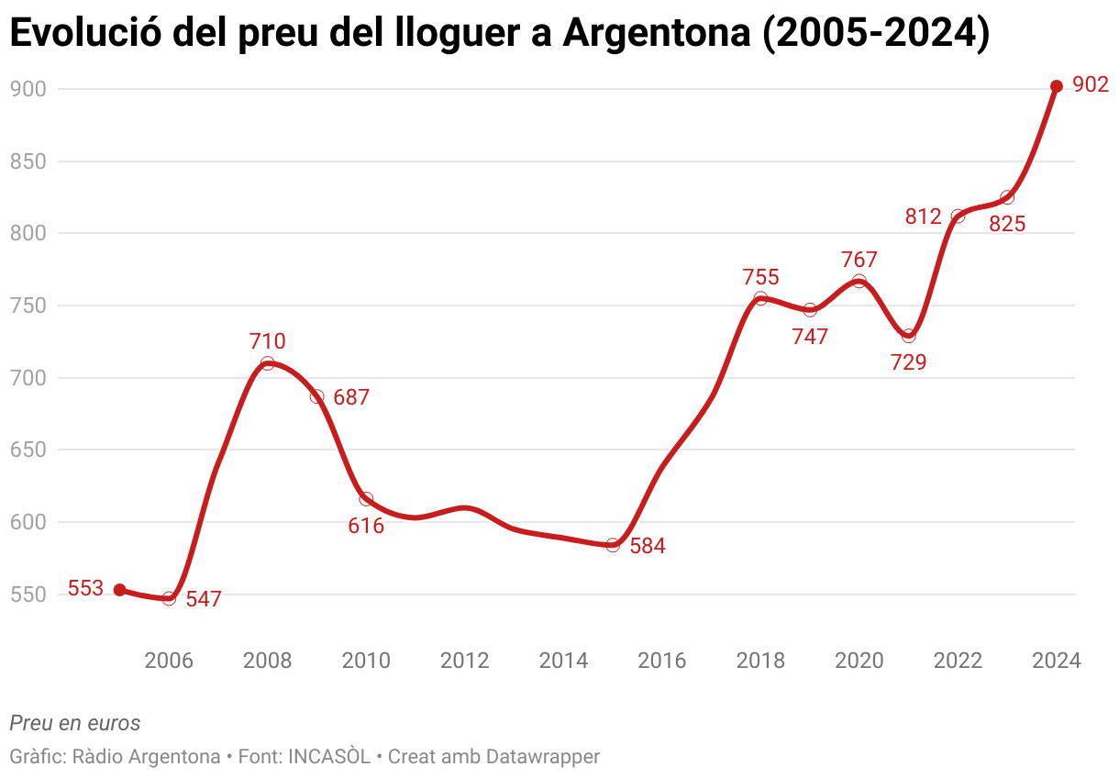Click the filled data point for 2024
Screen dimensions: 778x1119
(x=1056, y=86)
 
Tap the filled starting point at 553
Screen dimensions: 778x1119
(x=119, y=590)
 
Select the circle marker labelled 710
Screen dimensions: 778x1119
(x=267, y=363)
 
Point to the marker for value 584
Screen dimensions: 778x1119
(x=613, y=545)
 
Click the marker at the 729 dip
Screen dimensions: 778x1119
(x=908, y=336)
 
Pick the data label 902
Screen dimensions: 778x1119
(x=1091, y=85)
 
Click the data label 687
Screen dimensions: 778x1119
(x=351, y=398)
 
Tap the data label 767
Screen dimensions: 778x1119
(x=859, y=260)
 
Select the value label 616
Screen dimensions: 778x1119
(x=366, y=527)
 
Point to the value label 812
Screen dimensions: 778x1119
(x=923, y=217)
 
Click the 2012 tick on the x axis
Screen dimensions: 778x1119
(x=464, y=661)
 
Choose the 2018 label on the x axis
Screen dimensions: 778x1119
(x=760, y=661)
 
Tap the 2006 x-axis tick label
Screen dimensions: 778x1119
(x=169, y=661)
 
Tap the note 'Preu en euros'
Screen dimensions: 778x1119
(x=75, y=723)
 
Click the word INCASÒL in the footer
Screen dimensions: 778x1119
(x=329, y=757)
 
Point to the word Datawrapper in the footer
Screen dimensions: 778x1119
(x=543, y=757)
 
